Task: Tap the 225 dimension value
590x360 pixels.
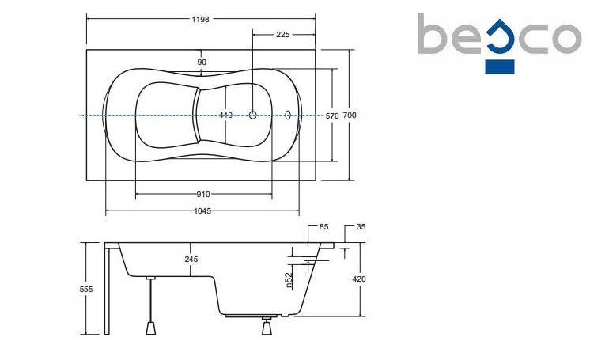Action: [x=284, y=34]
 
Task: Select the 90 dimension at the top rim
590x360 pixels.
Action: [x=202, y=62]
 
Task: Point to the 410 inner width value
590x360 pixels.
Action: [x=225, y=116]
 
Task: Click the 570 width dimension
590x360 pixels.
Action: [x=332, y=116]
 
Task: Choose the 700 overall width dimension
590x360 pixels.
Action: [x=350, y=116]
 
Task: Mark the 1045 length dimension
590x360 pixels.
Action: [x=203, y=211]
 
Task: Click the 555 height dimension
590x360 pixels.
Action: [x=86, y=290]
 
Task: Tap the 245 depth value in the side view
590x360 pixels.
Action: [x=192, y=259]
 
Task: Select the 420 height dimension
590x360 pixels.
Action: [x=360, y=279]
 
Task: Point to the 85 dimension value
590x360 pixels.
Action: [x=323, y=228]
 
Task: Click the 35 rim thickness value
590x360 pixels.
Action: [x=361, y=228]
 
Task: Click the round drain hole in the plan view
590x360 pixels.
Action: [x=253, y=116]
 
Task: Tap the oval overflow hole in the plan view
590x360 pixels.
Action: [x=288, y=116]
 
